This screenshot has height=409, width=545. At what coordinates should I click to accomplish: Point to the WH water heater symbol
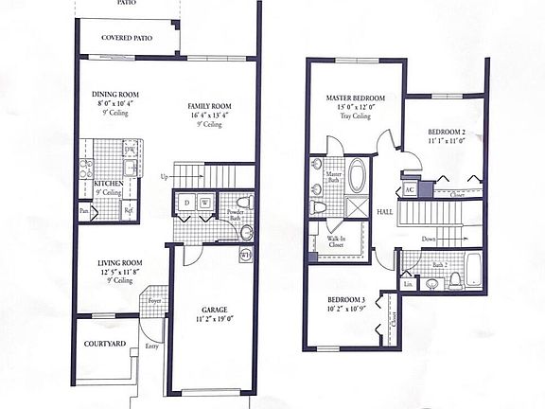(x=245, y=254)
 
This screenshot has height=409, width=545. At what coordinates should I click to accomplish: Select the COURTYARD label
(x=100, y=344)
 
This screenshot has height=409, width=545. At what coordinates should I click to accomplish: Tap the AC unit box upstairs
(x=410, y=189)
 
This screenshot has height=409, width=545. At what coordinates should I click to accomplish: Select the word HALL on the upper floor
(x=384, y=212)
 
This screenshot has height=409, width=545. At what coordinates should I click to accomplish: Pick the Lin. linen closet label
(x=408, y=283)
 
